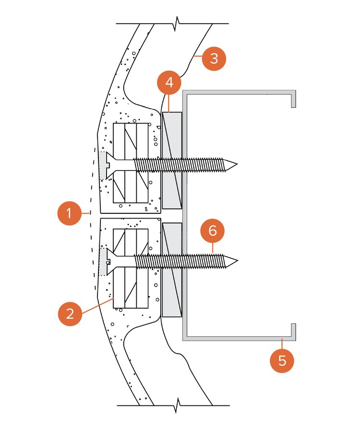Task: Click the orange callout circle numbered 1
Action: click(70, 213)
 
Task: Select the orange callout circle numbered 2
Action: click(70, 314)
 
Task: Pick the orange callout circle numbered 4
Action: click(169, 83)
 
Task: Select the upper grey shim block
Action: click(172, 160)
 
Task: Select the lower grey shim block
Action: click(172, 269)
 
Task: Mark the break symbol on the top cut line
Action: click(178, 23)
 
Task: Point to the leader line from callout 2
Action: click(98, 306)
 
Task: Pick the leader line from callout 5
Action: click(282, 344)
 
